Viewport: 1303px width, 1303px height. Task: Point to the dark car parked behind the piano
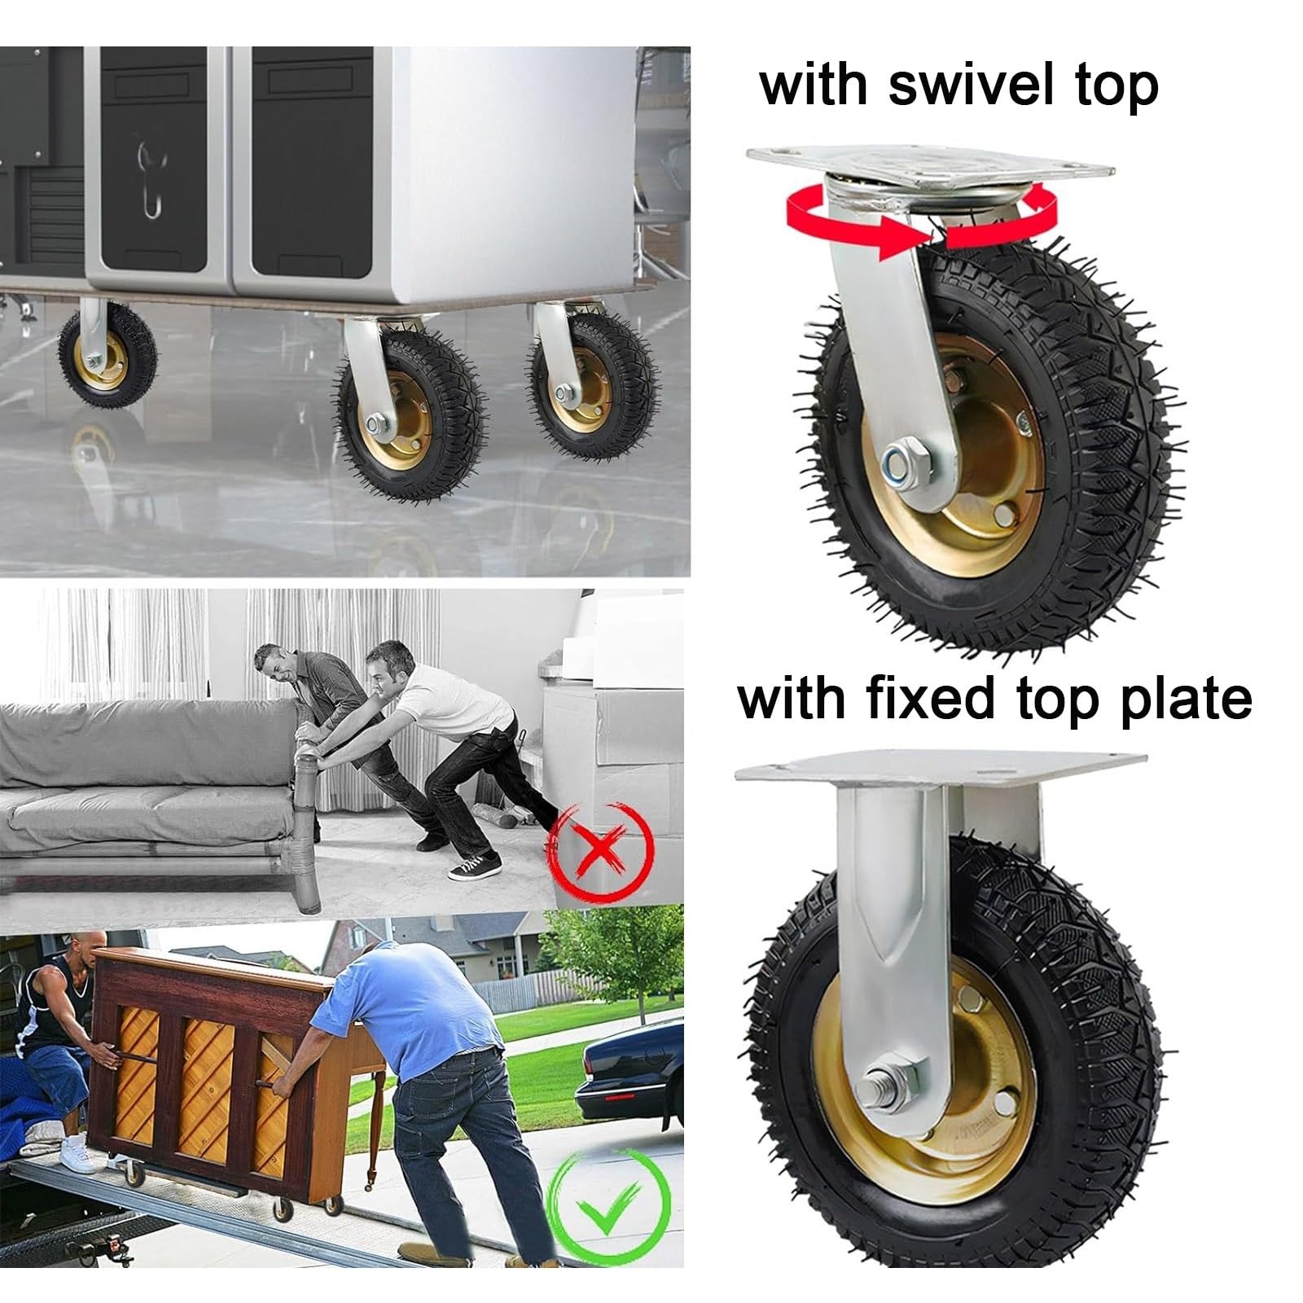627,1075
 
